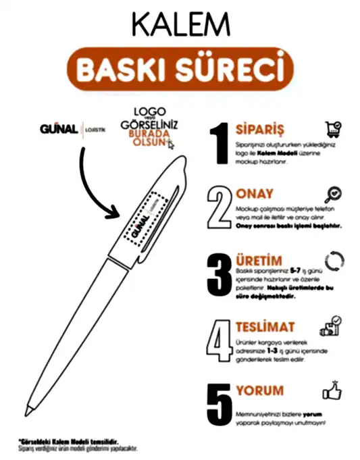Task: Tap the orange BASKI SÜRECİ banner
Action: click(180, 70)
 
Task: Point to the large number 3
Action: click(220, 274)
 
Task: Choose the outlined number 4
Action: click(220, 339)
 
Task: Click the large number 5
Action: click(220, 403)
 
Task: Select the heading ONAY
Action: click(255, 193)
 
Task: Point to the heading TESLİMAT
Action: click(265, 327)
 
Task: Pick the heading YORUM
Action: click(260, 391)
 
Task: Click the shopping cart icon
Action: click(332, 130)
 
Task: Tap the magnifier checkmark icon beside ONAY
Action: click(332, 195)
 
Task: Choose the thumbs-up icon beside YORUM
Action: click(333, 390)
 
